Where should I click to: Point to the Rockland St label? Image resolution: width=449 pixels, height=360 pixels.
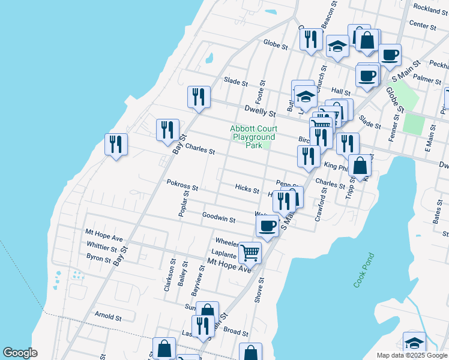coord(428,10)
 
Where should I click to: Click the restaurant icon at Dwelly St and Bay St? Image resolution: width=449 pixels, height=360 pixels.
coord(199,97)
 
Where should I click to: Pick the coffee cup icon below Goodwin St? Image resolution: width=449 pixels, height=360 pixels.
coord(267,226)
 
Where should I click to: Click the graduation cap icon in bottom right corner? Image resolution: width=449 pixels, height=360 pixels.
coord(414,343)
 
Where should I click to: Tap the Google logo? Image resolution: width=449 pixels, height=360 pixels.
coord(20,353)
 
